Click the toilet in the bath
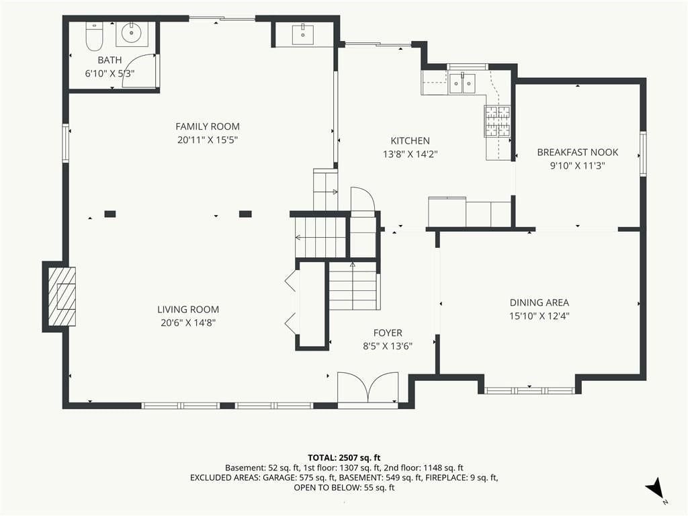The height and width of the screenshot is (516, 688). pos(94,36)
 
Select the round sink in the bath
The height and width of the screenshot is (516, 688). pos(132,33)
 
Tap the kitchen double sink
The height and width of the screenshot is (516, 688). pos(462,83)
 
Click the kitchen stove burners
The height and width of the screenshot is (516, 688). pos(497,121)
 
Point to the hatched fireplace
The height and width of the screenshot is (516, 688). pos(61,296)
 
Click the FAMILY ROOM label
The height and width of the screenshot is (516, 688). pos(208,127)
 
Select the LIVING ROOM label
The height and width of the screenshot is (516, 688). pos(188,310)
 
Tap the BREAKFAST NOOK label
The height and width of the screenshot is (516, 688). pos(578,153)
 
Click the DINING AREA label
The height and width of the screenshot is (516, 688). pos(540,303)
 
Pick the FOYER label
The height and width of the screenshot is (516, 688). pos(388,333)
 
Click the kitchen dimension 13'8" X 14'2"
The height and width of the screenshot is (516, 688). pos(411,155)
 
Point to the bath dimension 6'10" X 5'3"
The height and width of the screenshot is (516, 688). pos(110,74)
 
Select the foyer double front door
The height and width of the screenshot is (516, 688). pos(368,386)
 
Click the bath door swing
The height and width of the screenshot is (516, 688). pos(140,71)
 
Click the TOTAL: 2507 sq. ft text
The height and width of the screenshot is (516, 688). pos(344,458)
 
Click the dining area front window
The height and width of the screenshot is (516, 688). pos(529,390)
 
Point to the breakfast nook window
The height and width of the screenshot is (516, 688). pos(643,154)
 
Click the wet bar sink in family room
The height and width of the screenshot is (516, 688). pos(303,34)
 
